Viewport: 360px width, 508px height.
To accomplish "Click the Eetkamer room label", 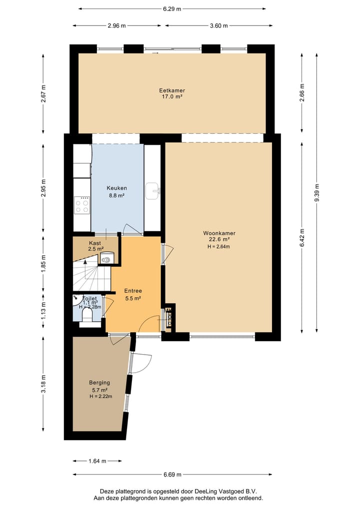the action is pos(172,91).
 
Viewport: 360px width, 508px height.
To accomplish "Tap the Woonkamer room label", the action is pos(219,233).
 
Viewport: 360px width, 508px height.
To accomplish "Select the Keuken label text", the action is pos(117,188).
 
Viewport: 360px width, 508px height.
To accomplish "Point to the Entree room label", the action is pos(133,291).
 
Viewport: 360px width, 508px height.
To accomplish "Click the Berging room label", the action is pos(99,383).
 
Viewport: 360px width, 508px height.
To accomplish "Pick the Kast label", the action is pos(95,243).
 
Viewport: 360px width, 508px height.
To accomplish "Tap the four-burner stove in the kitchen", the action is pos(81,205).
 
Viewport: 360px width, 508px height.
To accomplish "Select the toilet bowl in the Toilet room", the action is pos(87,315).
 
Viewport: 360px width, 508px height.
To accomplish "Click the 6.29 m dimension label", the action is pos(172,9).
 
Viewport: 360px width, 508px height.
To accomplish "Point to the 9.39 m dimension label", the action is pos(317,193).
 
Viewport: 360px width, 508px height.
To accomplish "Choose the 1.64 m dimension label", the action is pos(97,461).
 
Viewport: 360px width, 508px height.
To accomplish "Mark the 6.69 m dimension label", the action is pos(172,475).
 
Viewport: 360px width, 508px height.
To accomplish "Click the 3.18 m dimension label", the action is pos(43,384).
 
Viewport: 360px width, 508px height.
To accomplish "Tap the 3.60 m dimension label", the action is pos(218,25).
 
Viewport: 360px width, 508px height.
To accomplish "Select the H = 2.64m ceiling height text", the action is pos(219,247).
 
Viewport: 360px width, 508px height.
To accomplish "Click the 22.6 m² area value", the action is pos(219,239).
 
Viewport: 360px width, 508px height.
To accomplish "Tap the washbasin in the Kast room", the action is pos(106,258).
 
